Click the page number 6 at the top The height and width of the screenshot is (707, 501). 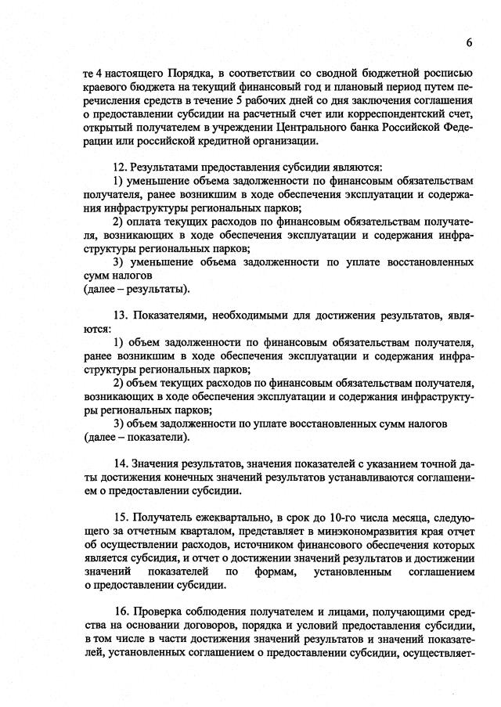click(x=470, y=41)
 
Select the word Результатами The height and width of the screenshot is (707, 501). click(x=168, y=167)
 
